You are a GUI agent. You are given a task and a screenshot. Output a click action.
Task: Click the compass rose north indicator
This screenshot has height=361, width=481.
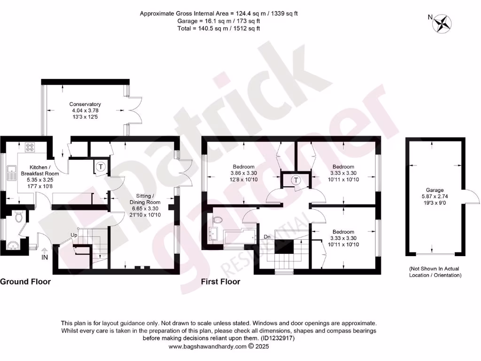tap(442, 24)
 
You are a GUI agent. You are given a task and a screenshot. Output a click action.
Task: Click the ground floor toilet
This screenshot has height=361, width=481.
tap(19, 217)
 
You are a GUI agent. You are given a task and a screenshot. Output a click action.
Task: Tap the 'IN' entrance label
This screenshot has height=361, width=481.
tap(45, 258)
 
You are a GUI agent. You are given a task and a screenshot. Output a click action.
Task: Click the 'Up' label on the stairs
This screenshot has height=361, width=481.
tap(74, 235)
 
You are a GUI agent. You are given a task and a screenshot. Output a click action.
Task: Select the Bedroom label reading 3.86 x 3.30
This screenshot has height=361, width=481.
tap(244, 173)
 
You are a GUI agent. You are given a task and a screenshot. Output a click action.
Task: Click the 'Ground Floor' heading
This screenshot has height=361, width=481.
tap(25, 282)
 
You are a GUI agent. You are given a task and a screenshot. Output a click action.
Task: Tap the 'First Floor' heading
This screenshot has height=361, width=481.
tap(220, 282)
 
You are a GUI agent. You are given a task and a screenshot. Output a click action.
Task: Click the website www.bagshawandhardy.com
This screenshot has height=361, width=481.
tap(207, 346)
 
